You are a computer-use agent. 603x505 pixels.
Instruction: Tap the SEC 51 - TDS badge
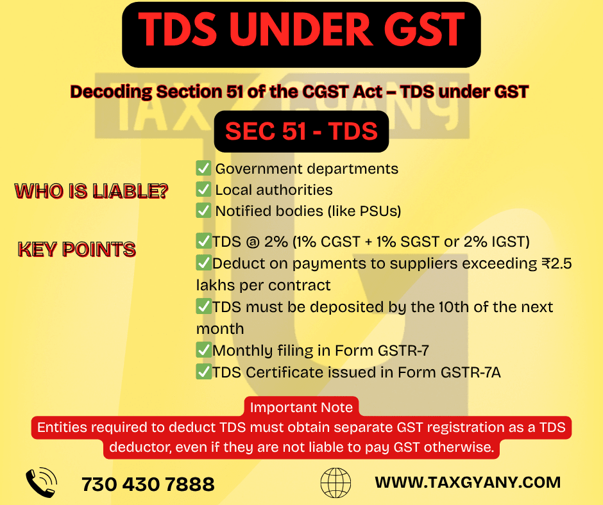pos(301,131)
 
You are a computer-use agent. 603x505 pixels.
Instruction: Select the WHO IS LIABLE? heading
pos(91,191)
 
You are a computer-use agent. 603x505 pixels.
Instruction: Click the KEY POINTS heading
pos(76,249)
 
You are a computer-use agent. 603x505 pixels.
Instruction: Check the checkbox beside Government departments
pos(203,169)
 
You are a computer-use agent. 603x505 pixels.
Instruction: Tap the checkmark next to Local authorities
pos(203,190)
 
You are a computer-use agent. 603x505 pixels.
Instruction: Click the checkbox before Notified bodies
pos(203,210)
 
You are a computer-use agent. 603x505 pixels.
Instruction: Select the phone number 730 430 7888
pos(148,484)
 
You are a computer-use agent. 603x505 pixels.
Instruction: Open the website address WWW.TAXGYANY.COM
pos(468,482)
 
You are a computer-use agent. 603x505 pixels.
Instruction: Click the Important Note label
pos(301,407)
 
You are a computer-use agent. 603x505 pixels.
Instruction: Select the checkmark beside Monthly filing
pos(203,351)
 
